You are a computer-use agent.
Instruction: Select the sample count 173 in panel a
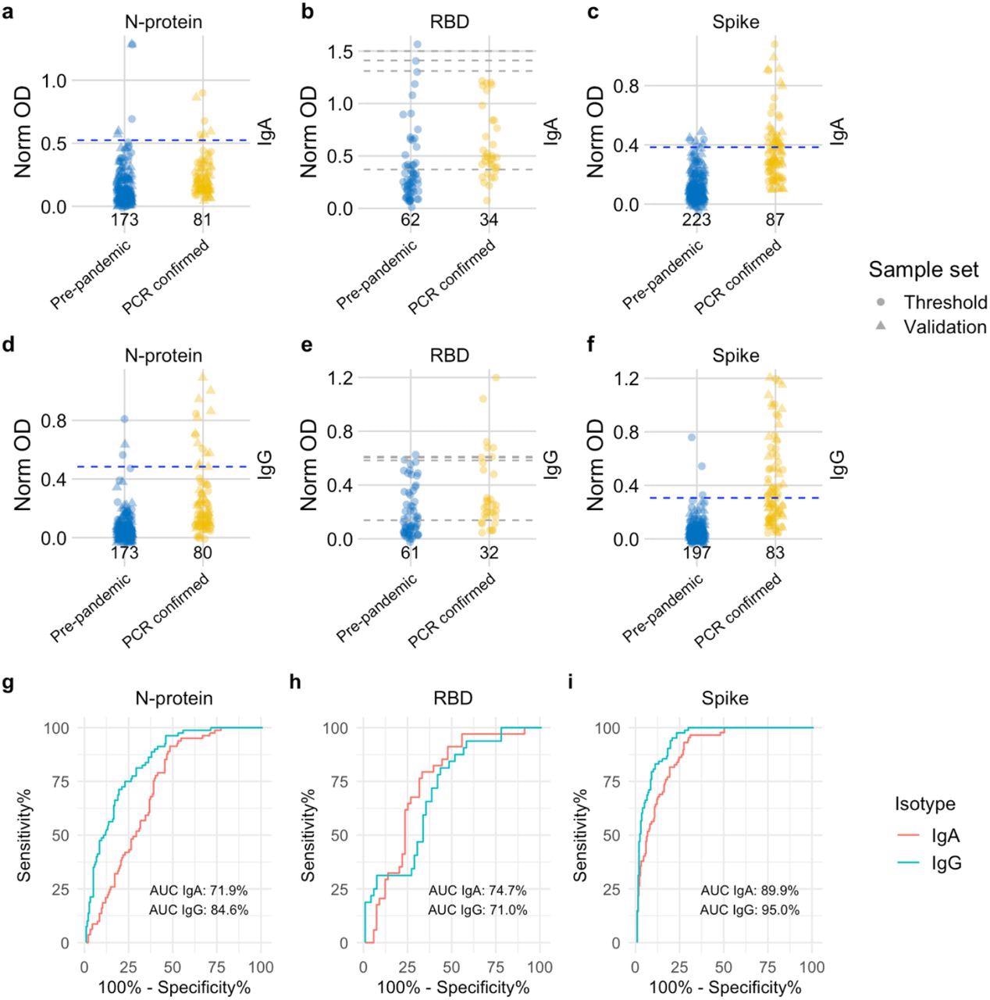point(125,220)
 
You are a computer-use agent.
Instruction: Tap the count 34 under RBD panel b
point(489,220)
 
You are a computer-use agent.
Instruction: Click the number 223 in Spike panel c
point(696,220)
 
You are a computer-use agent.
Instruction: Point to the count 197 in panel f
point(696,553)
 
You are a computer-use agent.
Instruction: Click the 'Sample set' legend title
point(924,270)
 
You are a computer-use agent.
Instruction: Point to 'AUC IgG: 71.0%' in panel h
point(478,910)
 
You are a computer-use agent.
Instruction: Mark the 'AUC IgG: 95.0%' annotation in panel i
point(750,910)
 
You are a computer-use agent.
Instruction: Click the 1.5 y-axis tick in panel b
point(346,52)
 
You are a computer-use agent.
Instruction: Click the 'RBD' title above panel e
point(450,356)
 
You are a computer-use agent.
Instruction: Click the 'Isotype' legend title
point(924,804)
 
